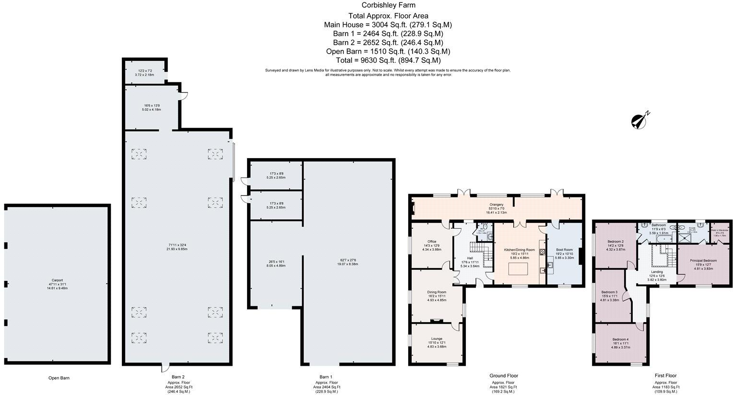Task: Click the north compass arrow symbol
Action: pyautogui.click(x=640, y=121)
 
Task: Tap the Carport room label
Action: pyautogui.click(x=57, y=280)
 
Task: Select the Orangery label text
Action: pyautogui.click(x=497, y=205)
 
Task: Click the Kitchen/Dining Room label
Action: pyautogui.click(x=519, y=250)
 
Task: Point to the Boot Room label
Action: pyautogui.click(x=564, y=250)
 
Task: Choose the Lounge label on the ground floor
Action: pyautogui.click(x=436, y=339)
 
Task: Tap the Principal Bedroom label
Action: pyautogui.click(x=703, y=261)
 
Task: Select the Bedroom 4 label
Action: pyautogui.click(x=620, y=339)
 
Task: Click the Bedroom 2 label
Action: pyautogui.click(x=615, y=242)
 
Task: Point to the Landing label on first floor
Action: pyautogui.click(x=657, y=272)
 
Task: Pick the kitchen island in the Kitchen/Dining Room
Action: pyautogui.click(x=519, y=268)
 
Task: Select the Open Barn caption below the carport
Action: pyautogui.click(x=59, y=378)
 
